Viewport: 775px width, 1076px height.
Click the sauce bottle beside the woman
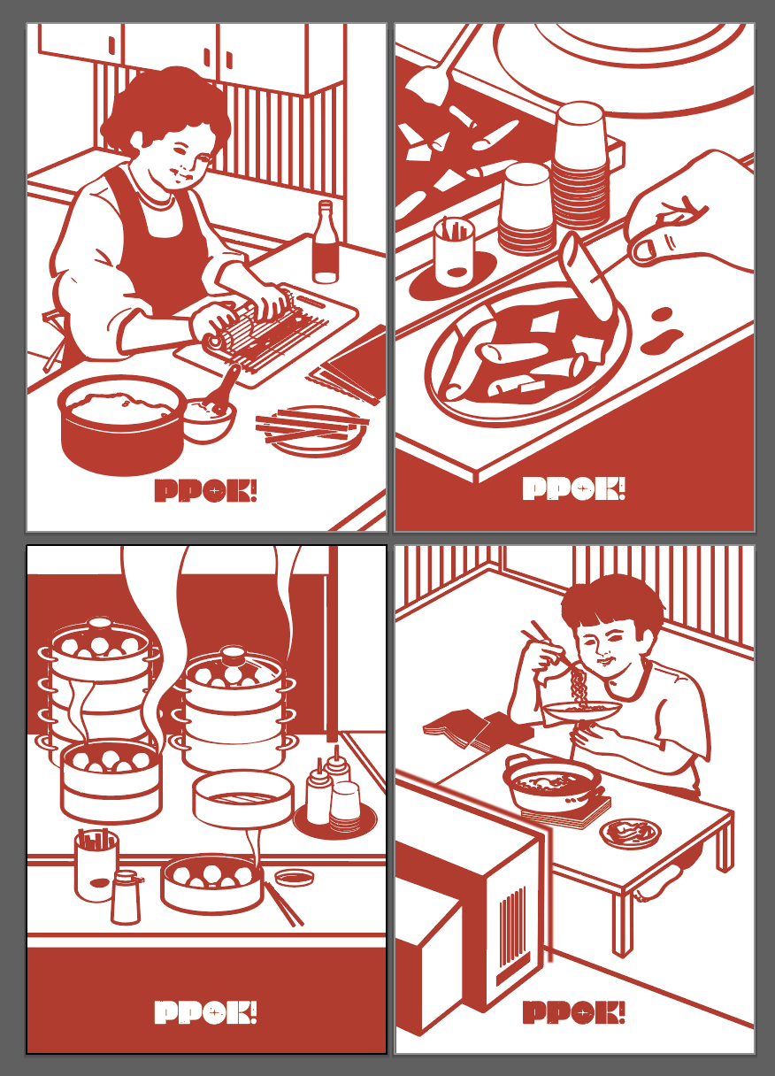325,242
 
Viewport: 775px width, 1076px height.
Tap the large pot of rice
121,425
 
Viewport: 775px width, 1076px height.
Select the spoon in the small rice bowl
223,390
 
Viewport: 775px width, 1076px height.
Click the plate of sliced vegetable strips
313,430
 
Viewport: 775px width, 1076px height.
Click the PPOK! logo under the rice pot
205,491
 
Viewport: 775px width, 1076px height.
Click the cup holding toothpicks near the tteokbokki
454,251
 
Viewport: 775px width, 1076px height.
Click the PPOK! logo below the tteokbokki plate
574,488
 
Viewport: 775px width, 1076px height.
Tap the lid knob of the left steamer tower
100,624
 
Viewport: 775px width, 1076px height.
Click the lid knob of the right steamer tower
233,653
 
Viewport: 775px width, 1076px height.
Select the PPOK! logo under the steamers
205,1012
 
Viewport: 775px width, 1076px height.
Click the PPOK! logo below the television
574,1011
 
